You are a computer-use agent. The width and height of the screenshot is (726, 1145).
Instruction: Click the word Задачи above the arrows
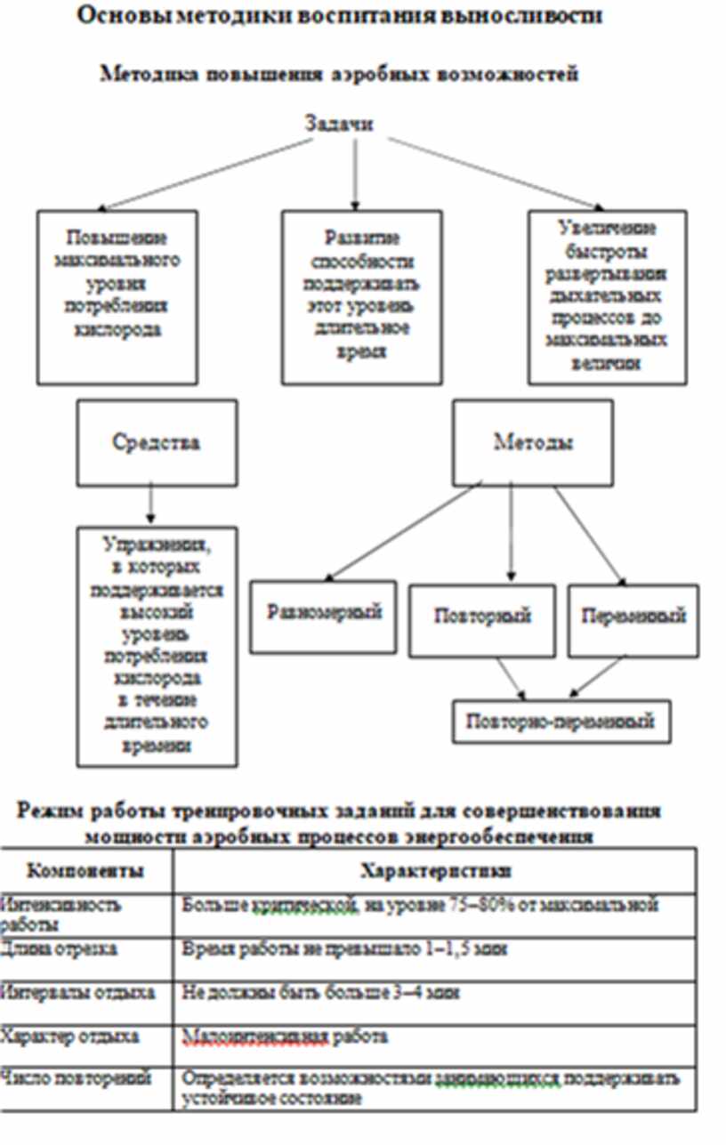(x=338, y=125)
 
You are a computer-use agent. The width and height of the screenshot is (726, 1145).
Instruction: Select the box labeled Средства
(x=157, y=441)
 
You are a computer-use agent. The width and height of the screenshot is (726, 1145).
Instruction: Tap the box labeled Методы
(x=533, y=441)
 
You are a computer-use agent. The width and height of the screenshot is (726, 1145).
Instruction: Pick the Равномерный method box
(x=324, y=614)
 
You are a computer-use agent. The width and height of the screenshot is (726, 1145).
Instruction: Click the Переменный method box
(x=633, y=617)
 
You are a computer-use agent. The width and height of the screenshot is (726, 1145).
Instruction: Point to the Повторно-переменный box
(x=561, y=721)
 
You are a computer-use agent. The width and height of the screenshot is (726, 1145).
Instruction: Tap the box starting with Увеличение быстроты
(x=607, y=297)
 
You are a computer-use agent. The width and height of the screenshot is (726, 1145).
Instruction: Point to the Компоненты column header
(x=85, y=870)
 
